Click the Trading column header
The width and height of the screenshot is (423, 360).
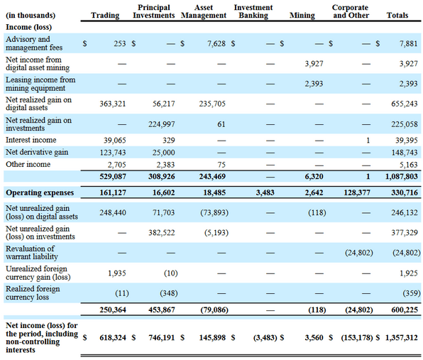[105, 16]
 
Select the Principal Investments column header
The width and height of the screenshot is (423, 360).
[154, 11]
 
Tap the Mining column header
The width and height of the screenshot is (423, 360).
[302, 16]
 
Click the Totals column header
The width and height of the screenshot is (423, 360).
[397, 16]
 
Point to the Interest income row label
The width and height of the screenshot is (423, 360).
[31, 140]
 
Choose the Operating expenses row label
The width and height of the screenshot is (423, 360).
[40, 192]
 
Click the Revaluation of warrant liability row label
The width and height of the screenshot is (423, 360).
[32, 253]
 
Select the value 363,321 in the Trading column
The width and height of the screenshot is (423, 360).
[113, 104]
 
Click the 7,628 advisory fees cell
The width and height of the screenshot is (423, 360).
[216, 43]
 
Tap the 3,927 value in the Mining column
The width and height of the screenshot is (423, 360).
[314, 64]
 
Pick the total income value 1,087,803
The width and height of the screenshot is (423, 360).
[402, 177]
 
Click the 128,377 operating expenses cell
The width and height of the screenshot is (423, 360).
[357, 192]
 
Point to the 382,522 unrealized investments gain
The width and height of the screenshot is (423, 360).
[162, 233]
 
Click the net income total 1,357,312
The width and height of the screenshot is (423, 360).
[402, 337]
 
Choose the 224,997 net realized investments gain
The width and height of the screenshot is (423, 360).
[162, 124]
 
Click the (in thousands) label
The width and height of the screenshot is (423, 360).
[31, 16]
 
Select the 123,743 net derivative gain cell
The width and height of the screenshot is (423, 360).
[113, 153]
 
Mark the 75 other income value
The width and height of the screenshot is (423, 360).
[221, 165]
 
